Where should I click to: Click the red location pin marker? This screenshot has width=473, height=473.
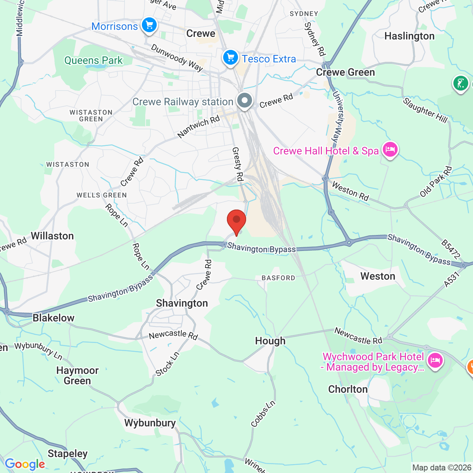236,221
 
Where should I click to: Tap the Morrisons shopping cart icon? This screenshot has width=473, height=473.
149,25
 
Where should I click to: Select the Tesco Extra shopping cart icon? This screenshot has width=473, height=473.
231,58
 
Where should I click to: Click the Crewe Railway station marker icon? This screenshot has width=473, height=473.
244,101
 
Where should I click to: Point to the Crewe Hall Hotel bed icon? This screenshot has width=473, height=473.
390,150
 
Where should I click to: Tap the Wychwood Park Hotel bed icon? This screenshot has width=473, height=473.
435,360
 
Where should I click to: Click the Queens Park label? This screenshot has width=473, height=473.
93,60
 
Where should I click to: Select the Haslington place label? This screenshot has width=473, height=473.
409,36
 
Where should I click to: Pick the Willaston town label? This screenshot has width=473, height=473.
52,236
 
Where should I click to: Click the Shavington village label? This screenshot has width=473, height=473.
182,303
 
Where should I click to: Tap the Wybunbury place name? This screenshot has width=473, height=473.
150,423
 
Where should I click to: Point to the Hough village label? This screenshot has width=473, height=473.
270,341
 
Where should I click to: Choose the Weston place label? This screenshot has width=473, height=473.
378,276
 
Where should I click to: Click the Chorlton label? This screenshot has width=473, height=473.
348,389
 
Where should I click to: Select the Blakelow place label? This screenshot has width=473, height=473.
54,318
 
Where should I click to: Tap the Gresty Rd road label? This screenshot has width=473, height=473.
238,164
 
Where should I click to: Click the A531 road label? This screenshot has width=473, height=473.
452,279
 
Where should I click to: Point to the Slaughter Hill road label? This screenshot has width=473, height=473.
425,110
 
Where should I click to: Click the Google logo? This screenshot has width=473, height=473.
25,464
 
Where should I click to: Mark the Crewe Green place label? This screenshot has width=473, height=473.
345,72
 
